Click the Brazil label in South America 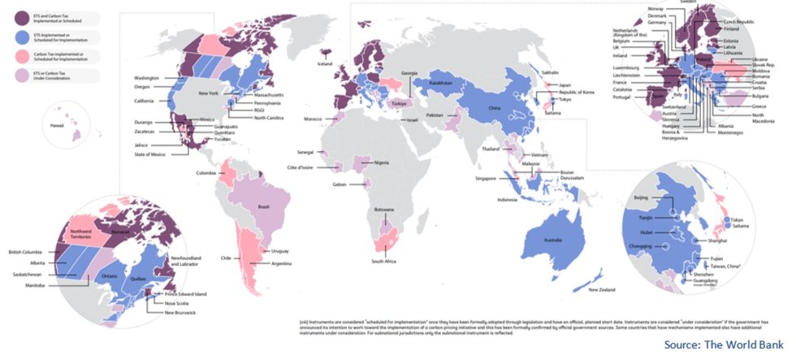(x=263, y=207)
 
